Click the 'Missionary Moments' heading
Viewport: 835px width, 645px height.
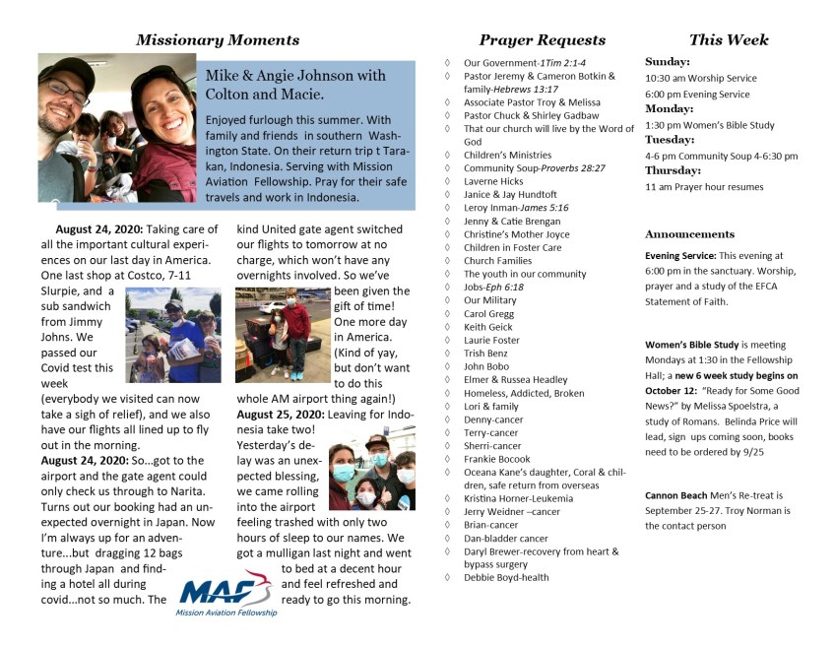tap(218, 40)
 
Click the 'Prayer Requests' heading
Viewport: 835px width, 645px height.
tap(542, 40)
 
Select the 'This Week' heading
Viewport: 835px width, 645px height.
tap(729, 40)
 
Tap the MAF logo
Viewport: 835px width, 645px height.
tap(225, 593)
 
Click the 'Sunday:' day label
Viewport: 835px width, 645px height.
tap(667, 60)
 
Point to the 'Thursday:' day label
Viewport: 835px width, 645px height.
tap(673, 170)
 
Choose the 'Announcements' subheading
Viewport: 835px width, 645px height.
tap(689, 234)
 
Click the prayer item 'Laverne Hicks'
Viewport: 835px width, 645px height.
tap(493, 182)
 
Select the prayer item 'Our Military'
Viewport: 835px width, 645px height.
tap(489, 300)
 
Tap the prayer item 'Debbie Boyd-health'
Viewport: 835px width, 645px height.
tap(506, 577)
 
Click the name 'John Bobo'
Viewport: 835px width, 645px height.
tap(485, 366)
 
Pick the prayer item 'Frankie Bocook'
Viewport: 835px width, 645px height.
tap(498, 459)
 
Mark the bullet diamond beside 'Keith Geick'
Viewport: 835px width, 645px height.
tap(448, 327)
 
